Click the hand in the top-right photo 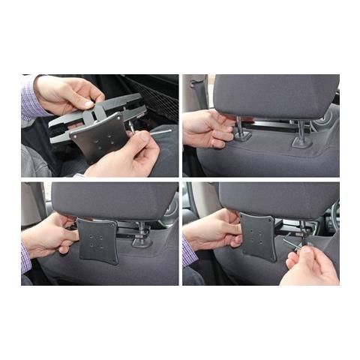206,128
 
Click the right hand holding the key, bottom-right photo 311,262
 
